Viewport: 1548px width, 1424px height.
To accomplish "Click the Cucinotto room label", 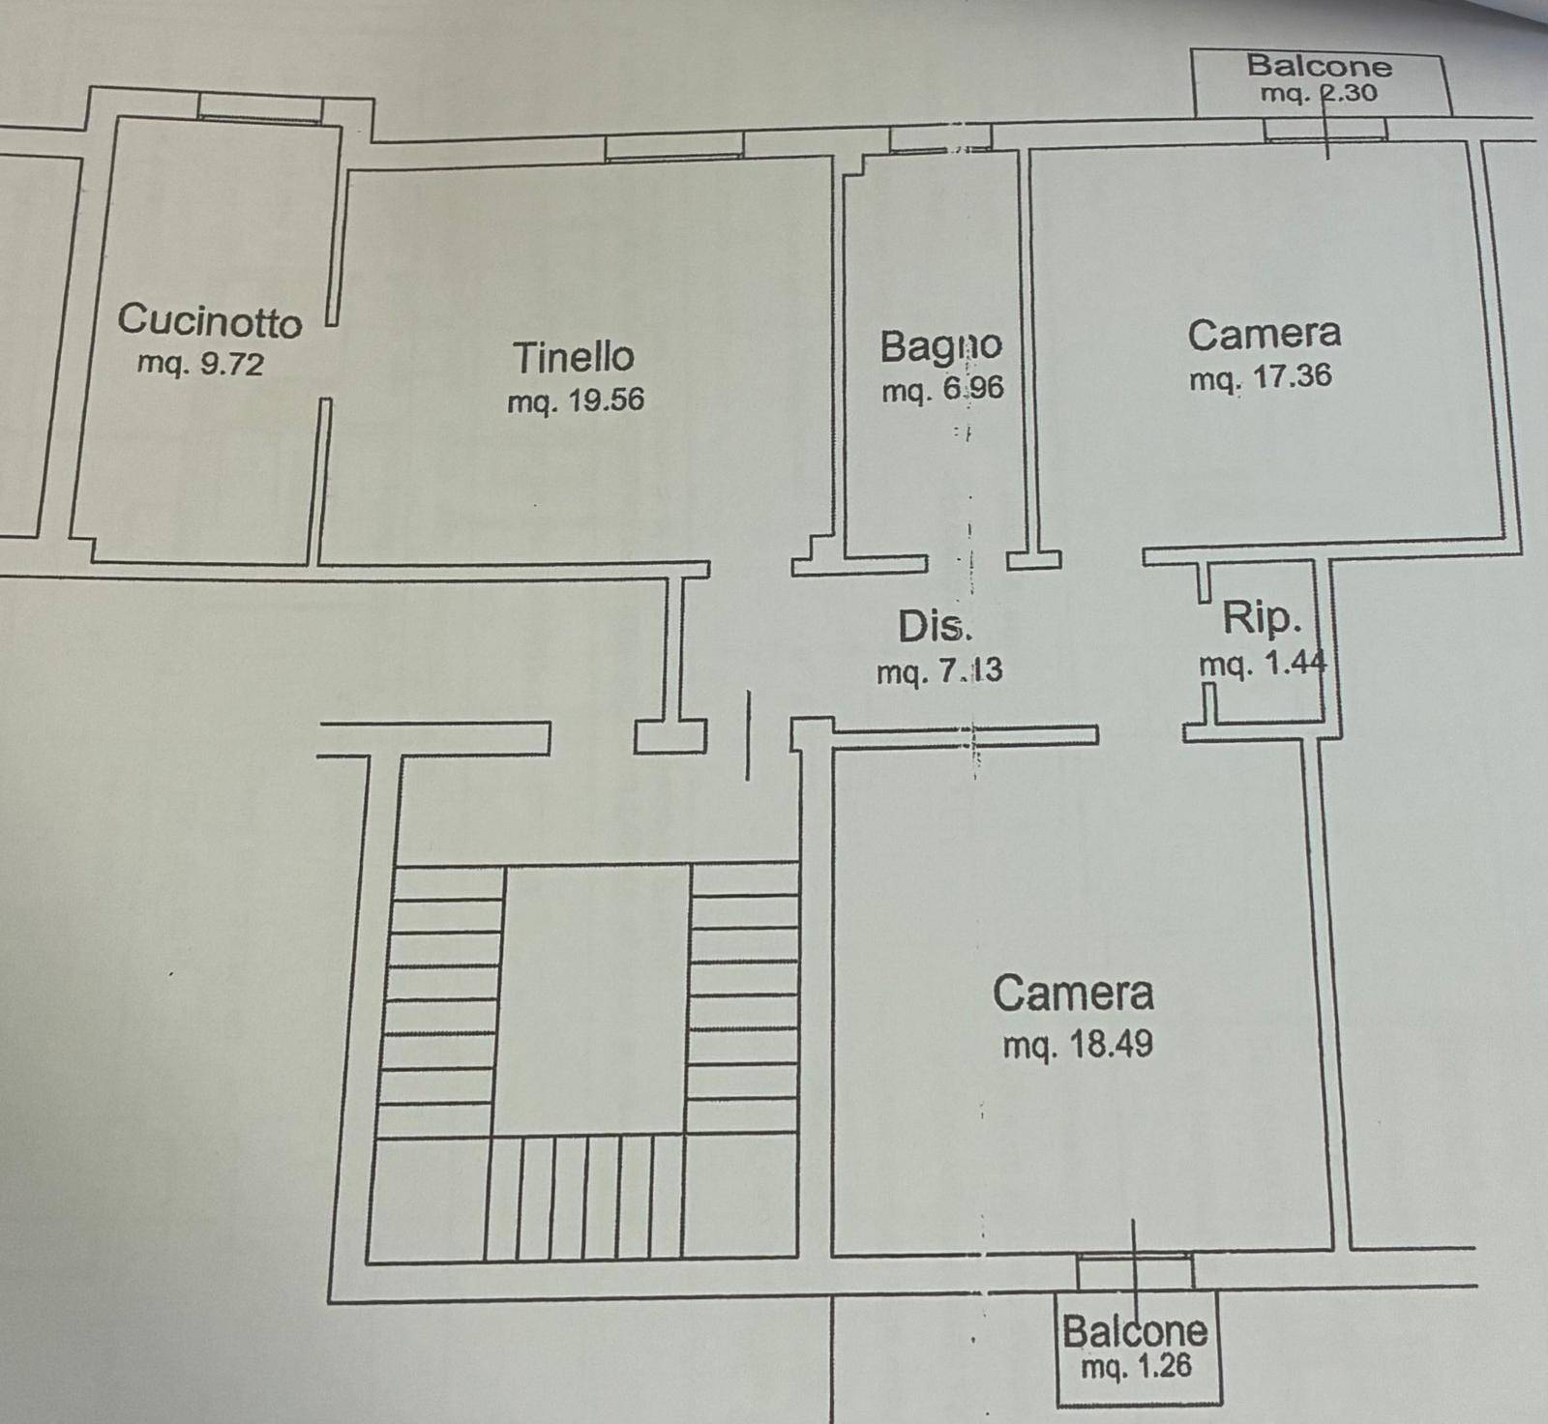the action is coord(209,320).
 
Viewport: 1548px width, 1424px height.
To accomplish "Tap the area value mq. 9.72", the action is coord(200,364).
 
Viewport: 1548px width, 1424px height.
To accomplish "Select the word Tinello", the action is coord(574,357).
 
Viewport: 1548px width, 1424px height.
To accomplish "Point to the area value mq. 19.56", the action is coord(576,400).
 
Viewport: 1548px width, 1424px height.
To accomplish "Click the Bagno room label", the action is coord(940,346).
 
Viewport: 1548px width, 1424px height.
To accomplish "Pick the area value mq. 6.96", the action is coord(942,389).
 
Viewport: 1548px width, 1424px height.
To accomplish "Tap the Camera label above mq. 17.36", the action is coord(1265,335).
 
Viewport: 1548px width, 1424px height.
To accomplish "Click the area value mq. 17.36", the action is coord(1261,376).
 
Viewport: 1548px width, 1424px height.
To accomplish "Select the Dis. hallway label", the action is coord(935,627).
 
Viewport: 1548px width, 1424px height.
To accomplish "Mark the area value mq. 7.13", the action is coord(939,670).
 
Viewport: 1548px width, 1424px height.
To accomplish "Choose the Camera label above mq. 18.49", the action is coord(1073,994).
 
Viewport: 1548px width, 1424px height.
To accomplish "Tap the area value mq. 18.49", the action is coord(1078,1045).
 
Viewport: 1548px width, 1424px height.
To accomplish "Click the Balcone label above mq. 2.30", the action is coord(1319,66).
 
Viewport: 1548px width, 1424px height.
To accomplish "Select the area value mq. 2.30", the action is coord(1319,94).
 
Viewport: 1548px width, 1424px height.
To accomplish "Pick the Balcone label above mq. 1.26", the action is coord(1135,1332).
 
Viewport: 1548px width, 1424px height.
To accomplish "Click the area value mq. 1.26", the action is coord(1136,1367).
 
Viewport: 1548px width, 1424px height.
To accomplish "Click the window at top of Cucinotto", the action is coord(260,107).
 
